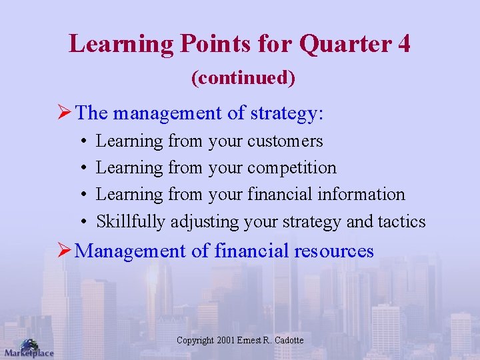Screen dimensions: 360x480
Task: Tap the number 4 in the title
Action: point(403,45)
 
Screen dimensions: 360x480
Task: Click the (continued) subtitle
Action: point(243,78)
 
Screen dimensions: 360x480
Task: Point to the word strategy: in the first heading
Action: point(287,113)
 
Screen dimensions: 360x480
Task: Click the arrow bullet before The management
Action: point(66,113)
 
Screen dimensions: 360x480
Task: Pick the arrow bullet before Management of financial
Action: point(66,251)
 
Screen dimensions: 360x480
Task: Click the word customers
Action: point(285,141)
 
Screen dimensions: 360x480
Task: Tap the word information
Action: point(361,195)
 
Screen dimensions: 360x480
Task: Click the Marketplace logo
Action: point(28,348)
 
